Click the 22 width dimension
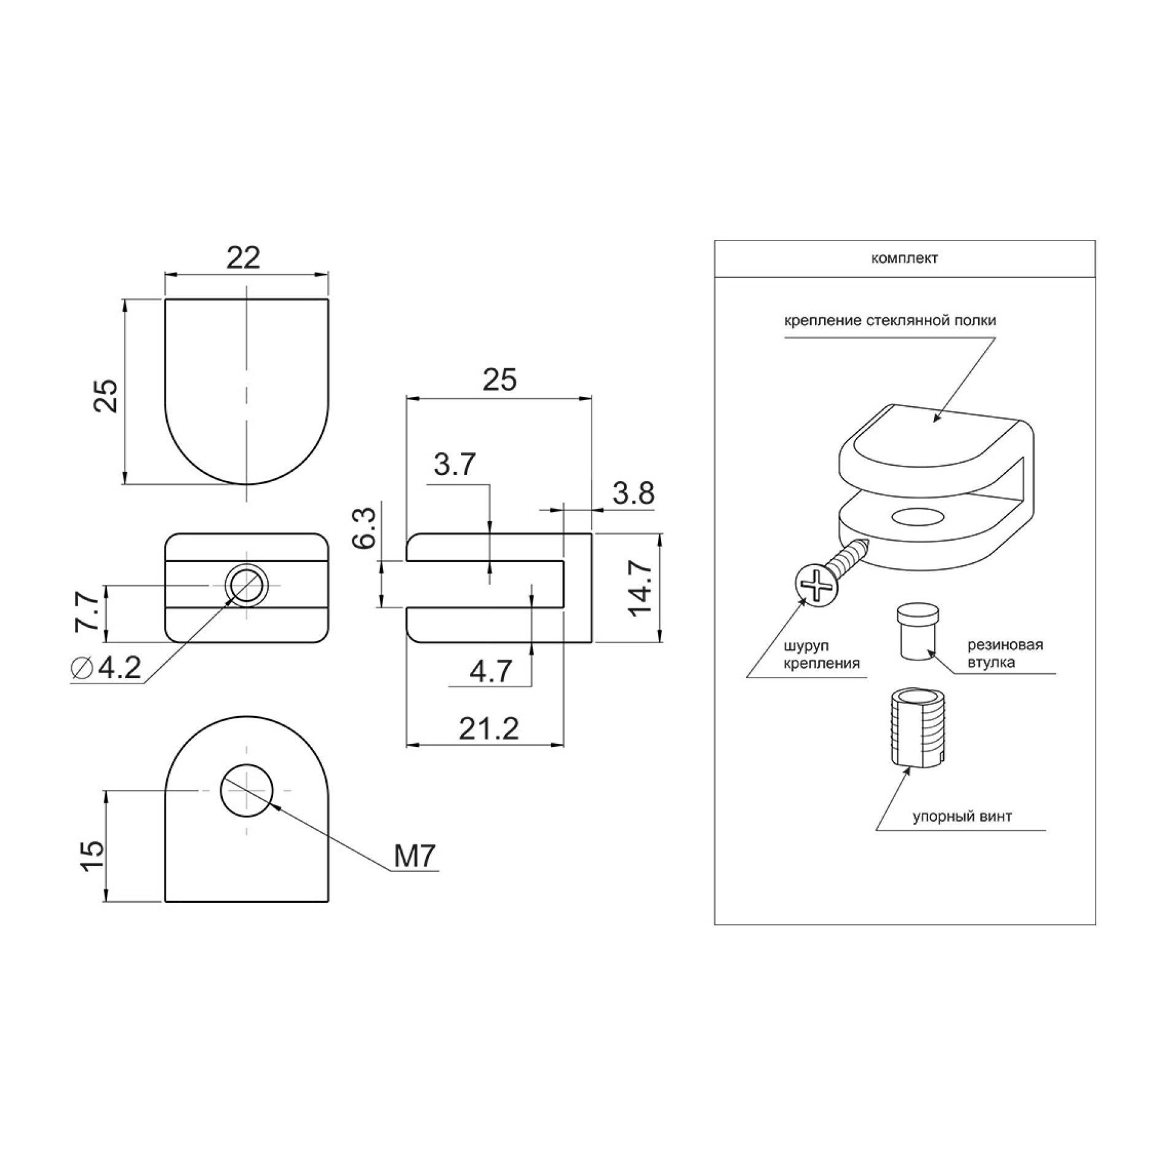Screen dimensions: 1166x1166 [244, 258]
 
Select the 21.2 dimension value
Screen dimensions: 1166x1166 [489, 729]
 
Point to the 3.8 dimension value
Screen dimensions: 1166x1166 [633, 493]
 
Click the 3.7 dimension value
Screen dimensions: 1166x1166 [455, 465]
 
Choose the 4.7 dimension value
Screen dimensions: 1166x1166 [491, 671]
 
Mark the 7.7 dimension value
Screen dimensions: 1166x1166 [87, 611]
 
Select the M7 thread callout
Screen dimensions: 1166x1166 [415, 857]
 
